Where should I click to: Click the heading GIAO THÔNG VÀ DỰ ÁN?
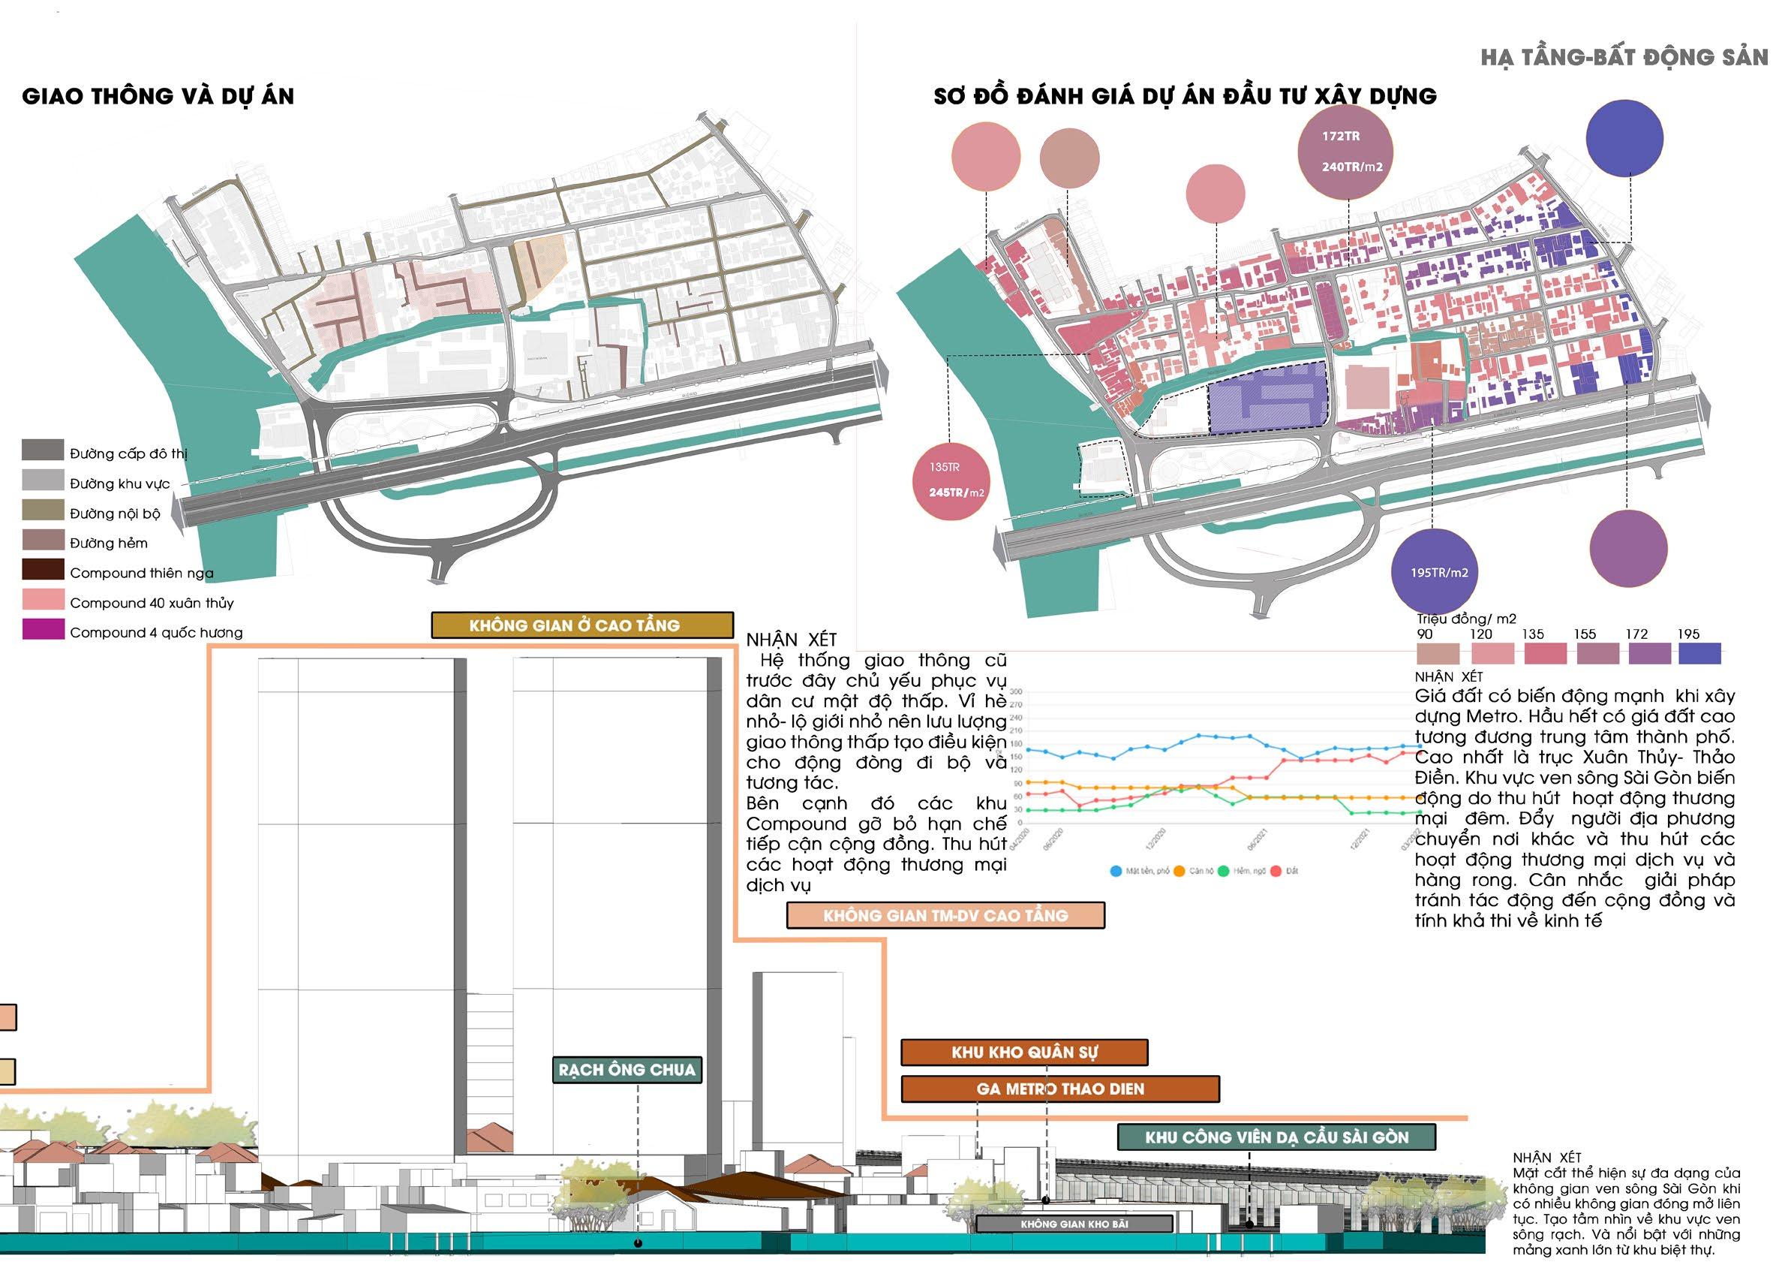click(158, 96)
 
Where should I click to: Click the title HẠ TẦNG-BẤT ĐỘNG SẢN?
click(1624, 57)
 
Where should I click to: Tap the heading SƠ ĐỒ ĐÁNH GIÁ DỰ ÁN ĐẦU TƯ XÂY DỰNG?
click(1185, 96)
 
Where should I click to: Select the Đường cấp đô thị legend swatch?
click(42, 450)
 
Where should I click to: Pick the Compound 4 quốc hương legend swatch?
click(42, 630)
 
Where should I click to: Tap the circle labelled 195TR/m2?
click(1438, 572)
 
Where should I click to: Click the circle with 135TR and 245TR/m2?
click(950, 481)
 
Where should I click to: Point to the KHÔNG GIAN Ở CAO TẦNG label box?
click(582, 625)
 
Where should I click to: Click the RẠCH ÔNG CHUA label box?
click(627, 1070)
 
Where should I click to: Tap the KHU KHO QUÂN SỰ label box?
click(1024, 1052)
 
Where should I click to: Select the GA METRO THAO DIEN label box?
click(1060, 1089)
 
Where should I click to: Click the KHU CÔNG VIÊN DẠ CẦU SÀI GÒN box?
click(1276, 1137)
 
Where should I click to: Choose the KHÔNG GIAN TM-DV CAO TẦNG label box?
click(945, 915)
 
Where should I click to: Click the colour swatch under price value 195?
click(1699, 654)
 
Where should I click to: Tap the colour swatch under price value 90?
click(1437, 654)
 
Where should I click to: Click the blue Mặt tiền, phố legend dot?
click(1115, 871)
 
